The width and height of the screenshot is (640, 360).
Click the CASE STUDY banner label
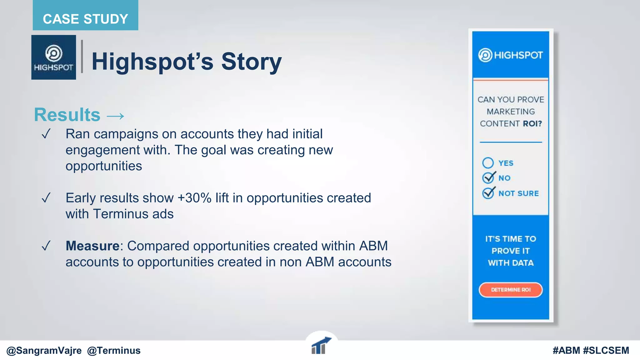[x=85, y=19]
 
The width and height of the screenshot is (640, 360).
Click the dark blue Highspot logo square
[x=53, y=57]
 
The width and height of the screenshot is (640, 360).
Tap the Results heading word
[x=67, y=115]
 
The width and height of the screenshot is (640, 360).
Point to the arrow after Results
[x=115, y=116]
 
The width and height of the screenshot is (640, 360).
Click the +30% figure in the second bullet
[x=194, y=198]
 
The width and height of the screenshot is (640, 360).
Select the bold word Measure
[x=92, y=246]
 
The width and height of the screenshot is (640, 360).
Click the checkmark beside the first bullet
[x=46, y=134]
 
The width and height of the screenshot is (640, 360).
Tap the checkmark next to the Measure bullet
[x=46, y=246]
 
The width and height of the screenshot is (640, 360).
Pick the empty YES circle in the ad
[x=488, y=163]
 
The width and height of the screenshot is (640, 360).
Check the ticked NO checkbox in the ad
[x=488, y=177]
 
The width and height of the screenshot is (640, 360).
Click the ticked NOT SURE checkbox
[x=488, y=193]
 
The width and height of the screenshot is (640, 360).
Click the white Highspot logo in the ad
[x=510, y=55]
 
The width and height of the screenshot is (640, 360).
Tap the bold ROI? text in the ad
[x=532, y=124]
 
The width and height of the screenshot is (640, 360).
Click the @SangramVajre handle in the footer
[x=44, y=351]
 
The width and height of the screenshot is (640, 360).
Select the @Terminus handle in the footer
[x=114, y=351]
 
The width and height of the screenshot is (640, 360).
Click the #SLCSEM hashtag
[x=606, y=351]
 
